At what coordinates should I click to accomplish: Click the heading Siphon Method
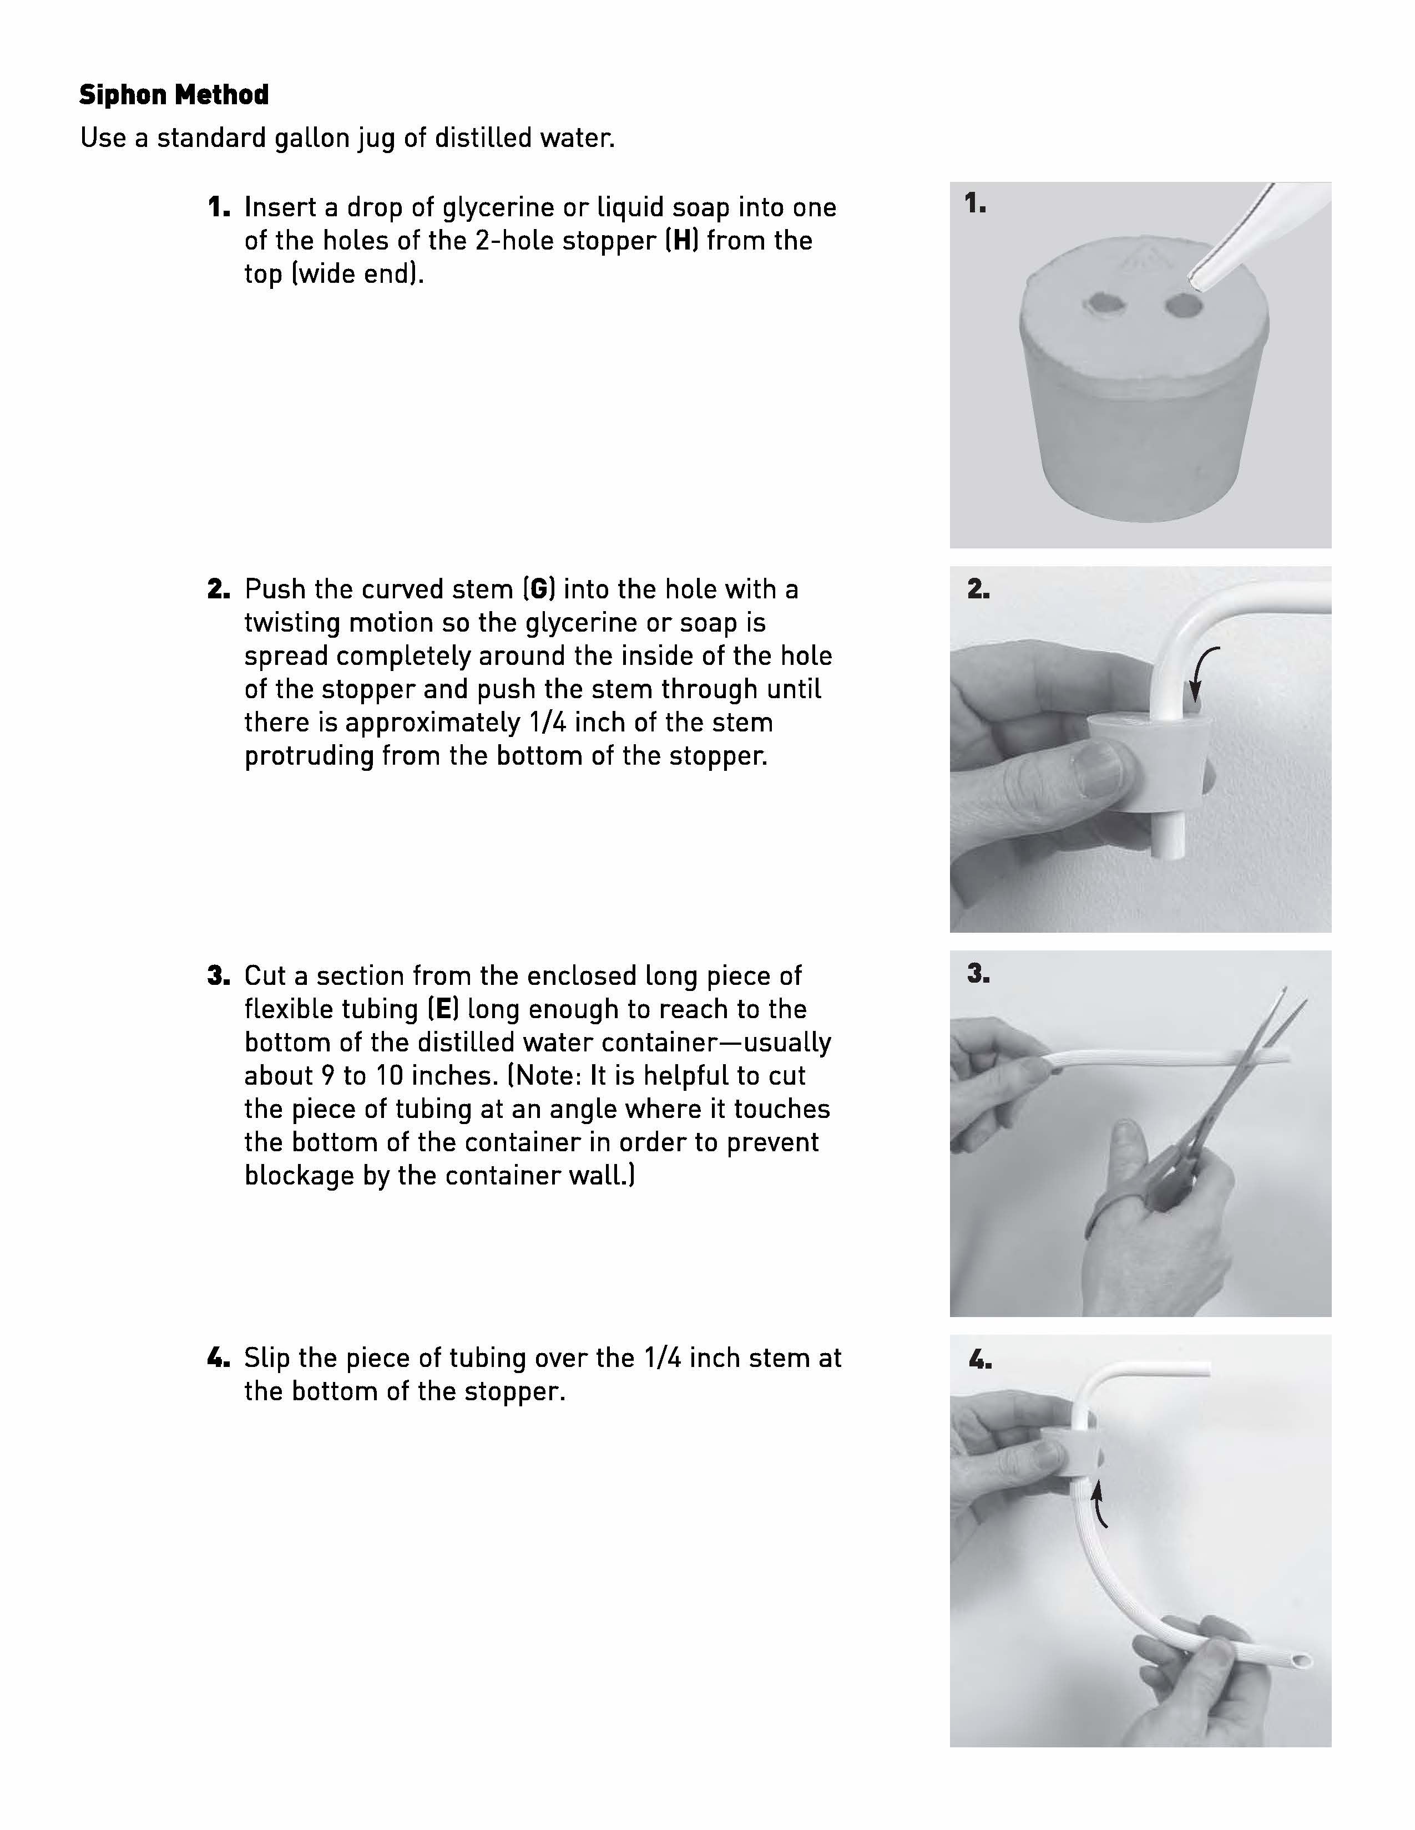[x=174, y=95]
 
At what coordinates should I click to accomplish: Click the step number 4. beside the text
[x=218, y=1358]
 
